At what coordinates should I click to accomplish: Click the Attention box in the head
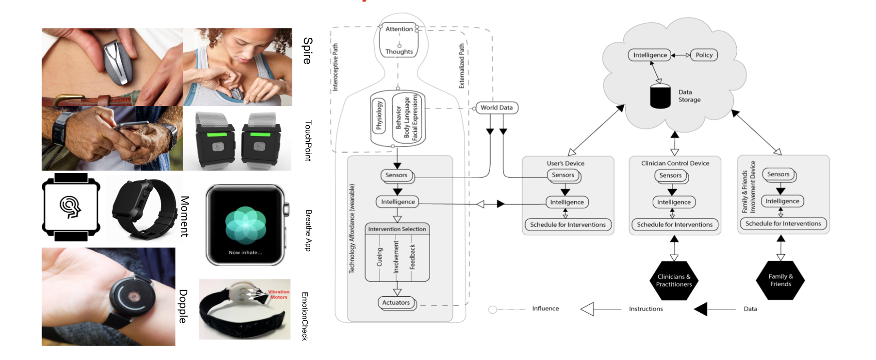pos(399,29)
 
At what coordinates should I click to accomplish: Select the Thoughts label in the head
pos(399,52)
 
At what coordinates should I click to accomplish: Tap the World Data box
pos(496,108)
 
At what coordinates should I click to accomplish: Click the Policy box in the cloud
pos(704,55)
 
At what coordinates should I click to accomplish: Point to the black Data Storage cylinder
pos(660,96)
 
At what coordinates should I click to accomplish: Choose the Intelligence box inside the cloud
pos(650,55)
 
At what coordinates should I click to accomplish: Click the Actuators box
pos(396,303)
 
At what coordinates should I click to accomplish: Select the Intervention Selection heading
pos(397,229)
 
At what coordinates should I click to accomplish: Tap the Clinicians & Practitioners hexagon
pos(674,281)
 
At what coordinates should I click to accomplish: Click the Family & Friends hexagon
pos(780,280)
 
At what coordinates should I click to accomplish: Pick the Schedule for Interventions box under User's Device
pos(568,225)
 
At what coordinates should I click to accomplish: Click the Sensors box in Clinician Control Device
pos(670,176)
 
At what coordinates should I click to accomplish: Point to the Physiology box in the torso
pos(379,116)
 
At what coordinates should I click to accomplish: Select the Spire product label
pos(307,51)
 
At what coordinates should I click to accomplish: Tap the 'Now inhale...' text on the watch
pos(245,253)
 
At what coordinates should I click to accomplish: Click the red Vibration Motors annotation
pos(278,294)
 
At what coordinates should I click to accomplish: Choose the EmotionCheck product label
pos(305,316)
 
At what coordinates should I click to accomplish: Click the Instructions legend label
pos(646,309)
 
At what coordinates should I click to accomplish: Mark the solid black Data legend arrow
pos(701,309)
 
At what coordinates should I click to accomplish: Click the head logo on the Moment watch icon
pos(71,207)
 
